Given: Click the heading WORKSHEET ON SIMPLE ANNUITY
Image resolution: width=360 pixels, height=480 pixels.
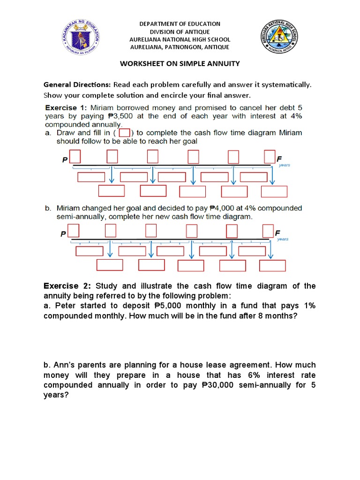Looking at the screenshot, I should pos(180,63).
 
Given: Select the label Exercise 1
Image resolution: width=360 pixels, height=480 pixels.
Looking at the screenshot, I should pos(66,108).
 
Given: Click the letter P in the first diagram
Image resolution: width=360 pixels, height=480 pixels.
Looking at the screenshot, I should pos(65,160).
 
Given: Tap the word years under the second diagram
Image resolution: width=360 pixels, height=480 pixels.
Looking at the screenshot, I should pos(283,239).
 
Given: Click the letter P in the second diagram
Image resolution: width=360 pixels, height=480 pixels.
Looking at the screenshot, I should pos(63,234).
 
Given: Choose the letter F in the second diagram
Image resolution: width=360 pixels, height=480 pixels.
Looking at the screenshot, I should pos(277,233).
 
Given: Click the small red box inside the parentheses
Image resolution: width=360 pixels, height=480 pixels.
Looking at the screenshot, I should pos(124,133).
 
